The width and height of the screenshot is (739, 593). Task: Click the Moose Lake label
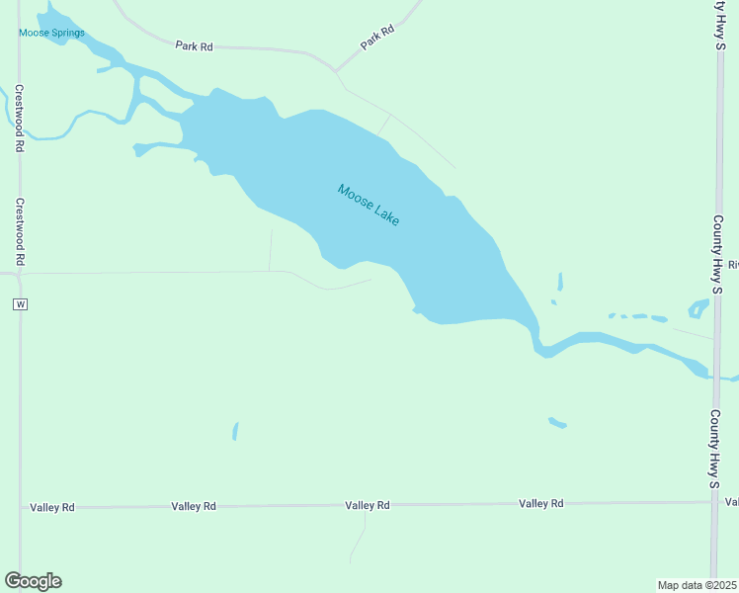(369, 205)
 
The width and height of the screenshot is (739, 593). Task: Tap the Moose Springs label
(51, 33)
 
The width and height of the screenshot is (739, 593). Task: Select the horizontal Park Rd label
(195, 45)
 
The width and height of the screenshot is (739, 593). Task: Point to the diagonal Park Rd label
(377, 38)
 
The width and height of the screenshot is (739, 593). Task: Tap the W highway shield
(20, 304)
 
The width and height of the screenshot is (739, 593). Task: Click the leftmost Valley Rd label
(52, 507)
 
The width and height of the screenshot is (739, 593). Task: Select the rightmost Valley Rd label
(541, 503)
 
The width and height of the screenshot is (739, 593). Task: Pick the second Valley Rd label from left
(194, 506)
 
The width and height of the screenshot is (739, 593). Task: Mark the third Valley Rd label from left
(368, 505)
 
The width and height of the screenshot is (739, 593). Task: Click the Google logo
(33, 580)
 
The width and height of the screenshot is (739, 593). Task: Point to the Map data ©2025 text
(698, 585)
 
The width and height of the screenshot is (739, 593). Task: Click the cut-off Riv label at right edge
(733, 265)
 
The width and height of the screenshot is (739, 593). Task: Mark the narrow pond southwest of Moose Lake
(235, 431)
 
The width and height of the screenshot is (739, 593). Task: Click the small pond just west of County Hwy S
(698, 308)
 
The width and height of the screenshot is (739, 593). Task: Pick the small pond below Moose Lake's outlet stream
(557, 422)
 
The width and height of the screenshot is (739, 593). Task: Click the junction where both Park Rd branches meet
(335, 71)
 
